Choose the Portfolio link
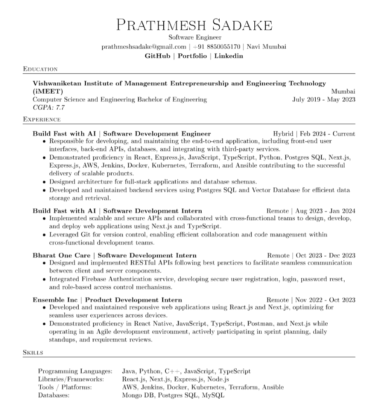tap(192, 56)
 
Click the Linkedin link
tap(228, 56)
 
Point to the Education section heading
tap(40, 69)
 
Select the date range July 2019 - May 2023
tap(324, 99)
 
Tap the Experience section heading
tap(42, 120)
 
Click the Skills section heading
tap(33, 352)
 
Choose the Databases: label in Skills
tap(54, 395)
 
